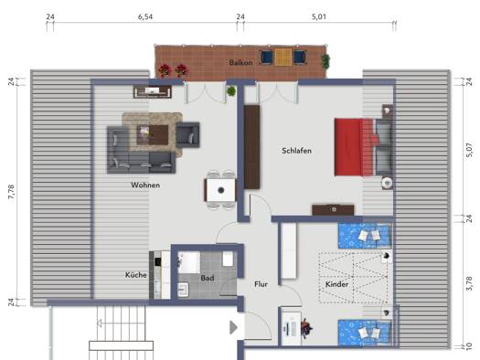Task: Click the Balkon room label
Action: coord(241,63)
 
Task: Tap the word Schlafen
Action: coord(296,151)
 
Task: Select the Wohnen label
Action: coord(145,185)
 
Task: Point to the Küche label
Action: coord(136,275)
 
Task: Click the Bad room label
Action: coord(208,278)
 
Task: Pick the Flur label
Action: coord(261,284)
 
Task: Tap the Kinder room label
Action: coord(336,284)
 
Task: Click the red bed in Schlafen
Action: coord(354,147)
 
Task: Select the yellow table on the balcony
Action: coord(283,58)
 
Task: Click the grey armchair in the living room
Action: coord(188,134)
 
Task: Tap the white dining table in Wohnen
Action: coord(220,190)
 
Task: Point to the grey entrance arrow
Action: coord(233,328)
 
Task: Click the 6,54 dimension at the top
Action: coord(145,16)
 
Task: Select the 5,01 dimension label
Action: coord(319,16)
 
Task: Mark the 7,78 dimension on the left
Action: coord(11,193)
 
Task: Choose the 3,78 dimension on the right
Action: coord(469,283)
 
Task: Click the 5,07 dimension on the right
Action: coord(469,151)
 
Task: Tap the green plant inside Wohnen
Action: coord(231,90)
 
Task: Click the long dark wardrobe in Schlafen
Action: coord(251,147)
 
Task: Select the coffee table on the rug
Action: coord(153,134)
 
